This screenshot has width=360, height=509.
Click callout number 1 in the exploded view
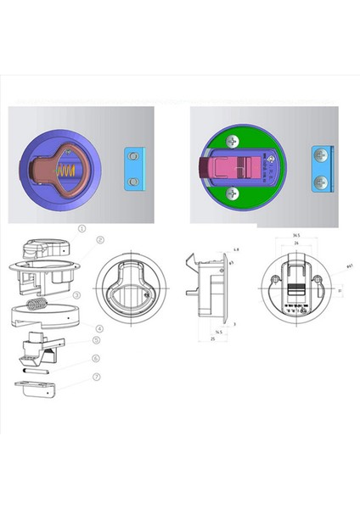(x=82, y=228)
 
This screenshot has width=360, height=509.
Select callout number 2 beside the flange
(x=99, y=240)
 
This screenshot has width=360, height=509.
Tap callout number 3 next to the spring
(x=99, y=295)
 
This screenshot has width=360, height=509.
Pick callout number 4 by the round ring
(x=99, y=328)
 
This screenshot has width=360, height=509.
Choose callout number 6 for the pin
(x=96, y=359)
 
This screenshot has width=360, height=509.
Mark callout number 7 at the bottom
(x=96, y=376)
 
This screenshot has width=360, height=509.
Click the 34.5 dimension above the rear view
(x=296, y=235)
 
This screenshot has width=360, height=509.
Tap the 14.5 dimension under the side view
(x=218, y=332)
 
